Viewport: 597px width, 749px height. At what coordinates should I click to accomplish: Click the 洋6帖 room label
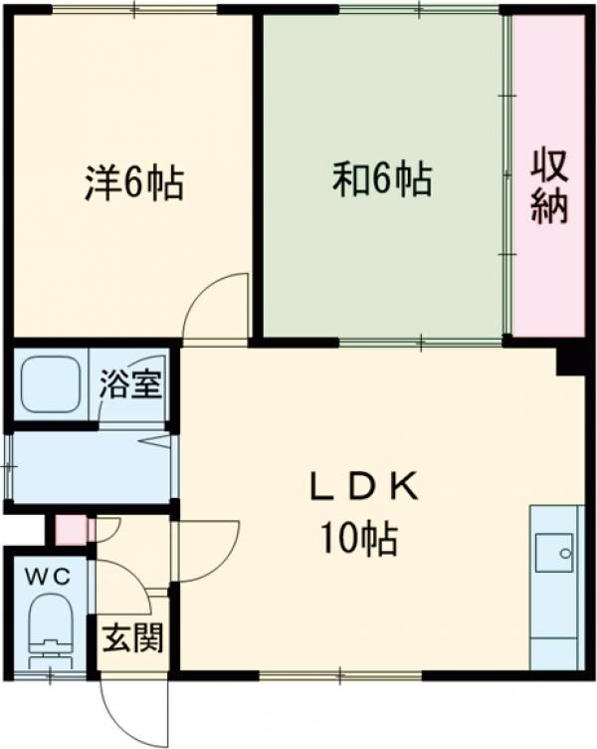coord(134,182)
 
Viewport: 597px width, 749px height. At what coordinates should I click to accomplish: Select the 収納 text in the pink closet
coord(550,186)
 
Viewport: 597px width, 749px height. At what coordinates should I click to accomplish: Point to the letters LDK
coord(364,488)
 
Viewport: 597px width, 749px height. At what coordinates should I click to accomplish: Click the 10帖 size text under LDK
coord(359,538)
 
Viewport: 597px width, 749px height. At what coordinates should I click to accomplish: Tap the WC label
coord(48,578)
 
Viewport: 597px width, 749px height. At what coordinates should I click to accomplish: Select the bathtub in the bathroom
coord(51,384)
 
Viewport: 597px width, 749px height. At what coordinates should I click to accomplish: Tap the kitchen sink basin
coord(554,552)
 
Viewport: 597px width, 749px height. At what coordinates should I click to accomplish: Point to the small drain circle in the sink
coord(565,554)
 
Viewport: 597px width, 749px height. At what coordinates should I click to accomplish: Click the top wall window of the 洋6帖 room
coord(134,9)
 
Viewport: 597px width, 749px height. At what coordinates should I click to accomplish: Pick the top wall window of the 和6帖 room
coord(420,9)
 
